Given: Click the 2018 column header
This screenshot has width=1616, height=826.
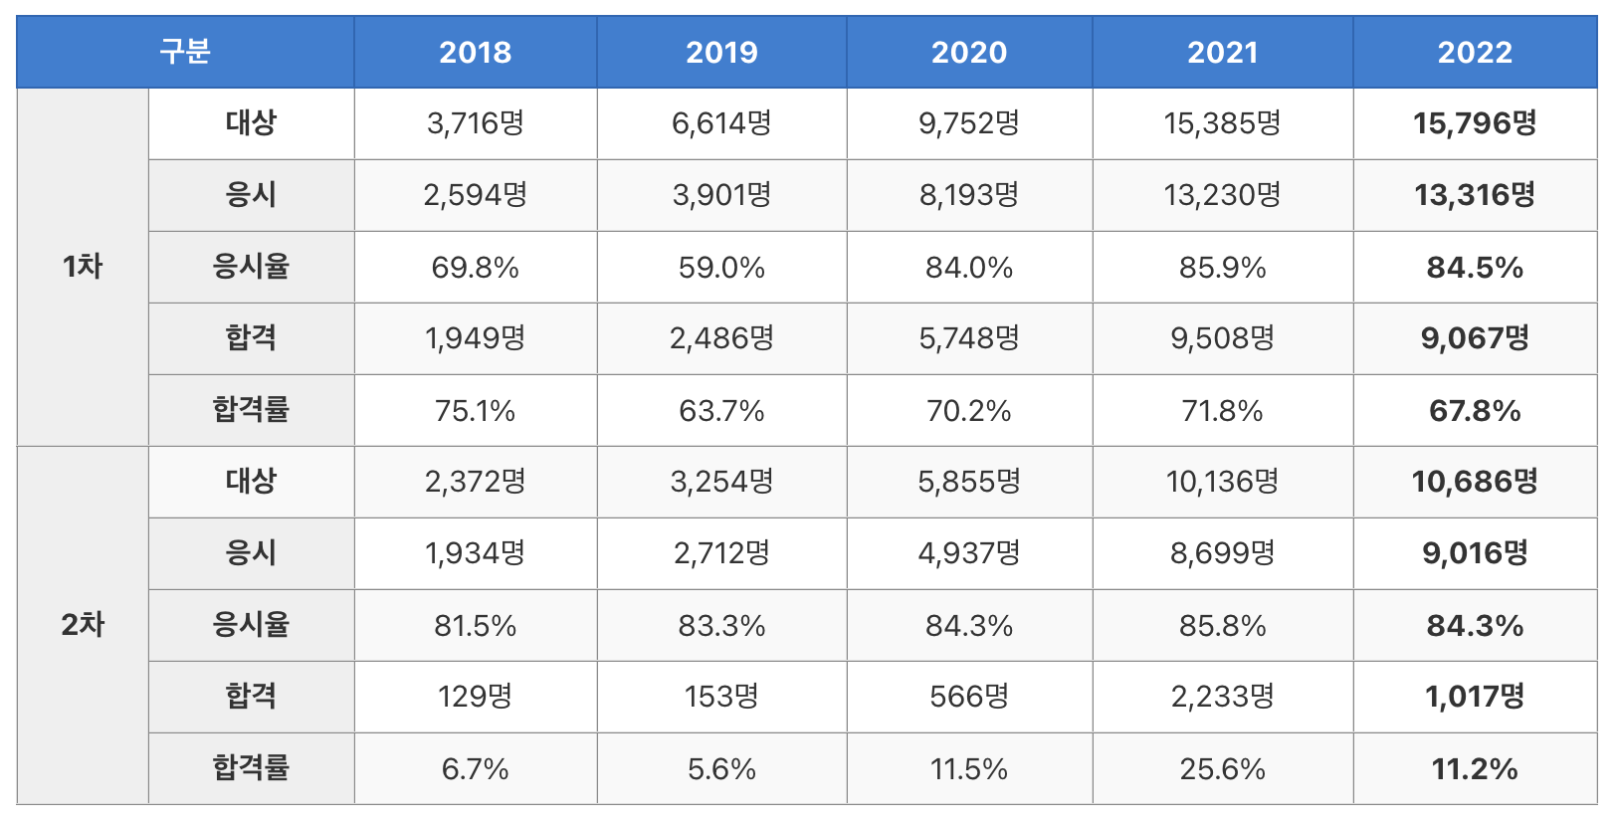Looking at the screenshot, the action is click(x=476, y=52).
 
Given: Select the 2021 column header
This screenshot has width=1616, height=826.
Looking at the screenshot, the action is click(x=1223, y=52).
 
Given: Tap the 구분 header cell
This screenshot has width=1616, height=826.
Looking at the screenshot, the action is click(x=185, y=52).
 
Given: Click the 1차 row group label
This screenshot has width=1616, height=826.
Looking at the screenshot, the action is click(x=83, y=267).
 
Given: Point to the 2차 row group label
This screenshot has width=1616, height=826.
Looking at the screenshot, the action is click(x=83, y=625).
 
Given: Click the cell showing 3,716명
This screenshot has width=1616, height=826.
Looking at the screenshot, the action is click(x=476, y=123).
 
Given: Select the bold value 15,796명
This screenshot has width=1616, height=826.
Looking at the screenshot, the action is click(x=1475, y=123).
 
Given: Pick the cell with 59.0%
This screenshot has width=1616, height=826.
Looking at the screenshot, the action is click(x=721, y=268).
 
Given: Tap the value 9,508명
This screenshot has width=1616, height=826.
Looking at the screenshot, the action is click(x=1223, y=338).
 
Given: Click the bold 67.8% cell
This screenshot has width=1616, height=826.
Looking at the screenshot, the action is click(x=1475, y=410).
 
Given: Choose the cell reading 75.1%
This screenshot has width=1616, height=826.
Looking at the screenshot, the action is click(x=476, y=410).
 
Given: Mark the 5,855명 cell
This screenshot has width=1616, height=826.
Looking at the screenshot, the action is click(x=969, y=482).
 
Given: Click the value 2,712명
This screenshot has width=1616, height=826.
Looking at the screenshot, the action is click(x=721, y=553).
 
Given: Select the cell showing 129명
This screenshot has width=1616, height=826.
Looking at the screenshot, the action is click(x=476, y=697).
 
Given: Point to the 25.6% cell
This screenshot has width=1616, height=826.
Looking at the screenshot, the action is click(x=1223, y=769).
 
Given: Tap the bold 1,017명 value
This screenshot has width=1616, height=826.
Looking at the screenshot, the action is click(x=1475, y=697).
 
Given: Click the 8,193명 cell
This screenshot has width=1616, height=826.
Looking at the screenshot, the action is click(x=969, y=195).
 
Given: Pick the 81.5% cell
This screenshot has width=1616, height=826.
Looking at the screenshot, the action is click(x=476, y=625).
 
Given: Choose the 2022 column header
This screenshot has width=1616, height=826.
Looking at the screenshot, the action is click(x=1475, y=52).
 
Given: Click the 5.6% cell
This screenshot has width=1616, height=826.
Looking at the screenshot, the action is click(x=721, y=769).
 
